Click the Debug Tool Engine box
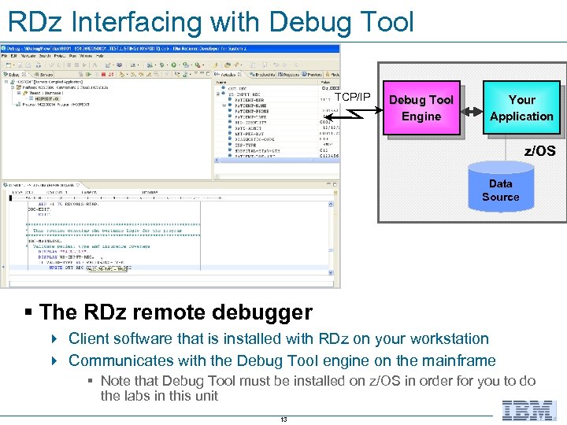(421, 109)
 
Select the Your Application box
(521, 109)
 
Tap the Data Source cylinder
(500, 190)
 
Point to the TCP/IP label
(352, 97)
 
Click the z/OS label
(540, 150)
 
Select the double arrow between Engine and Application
(472, 109)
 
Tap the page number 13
(283, 419)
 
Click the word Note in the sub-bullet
(117, 381)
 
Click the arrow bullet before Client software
(54, 339)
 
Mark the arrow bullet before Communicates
(54, 361)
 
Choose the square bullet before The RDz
(29, 313)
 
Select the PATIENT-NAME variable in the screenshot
(250, 105)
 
